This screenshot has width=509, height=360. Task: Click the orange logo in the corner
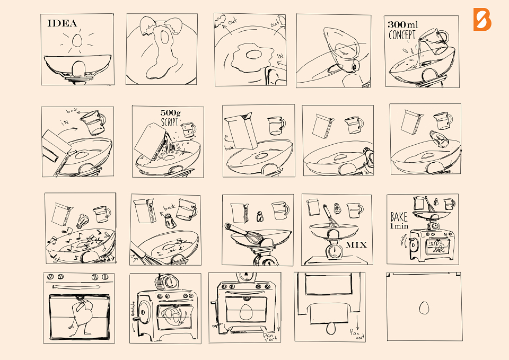point(482,20)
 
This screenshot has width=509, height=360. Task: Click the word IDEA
point(63,23)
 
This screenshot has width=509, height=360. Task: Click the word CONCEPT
point(402,36)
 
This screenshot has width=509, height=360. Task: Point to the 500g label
point(171,113)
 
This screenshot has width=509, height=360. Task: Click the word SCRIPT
point(171,121)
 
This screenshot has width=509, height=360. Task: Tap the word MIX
point(356,245)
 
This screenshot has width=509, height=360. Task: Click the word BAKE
point(399,217)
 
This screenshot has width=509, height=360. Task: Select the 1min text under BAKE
point(399,227)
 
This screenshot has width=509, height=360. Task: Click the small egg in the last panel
point(424,308)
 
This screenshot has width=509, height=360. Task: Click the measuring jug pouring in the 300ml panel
point(432,42)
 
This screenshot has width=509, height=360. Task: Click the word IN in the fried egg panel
point(279,56)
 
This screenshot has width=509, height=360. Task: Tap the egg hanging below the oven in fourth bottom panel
point(330,328)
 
